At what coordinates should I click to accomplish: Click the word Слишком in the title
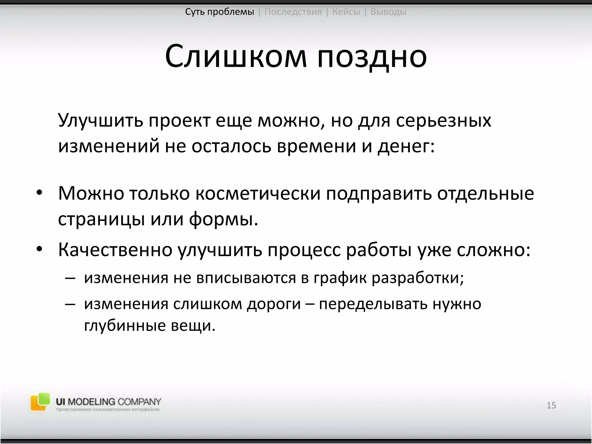pyautogui.click(x=236, y=56)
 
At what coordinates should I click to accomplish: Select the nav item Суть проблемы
pyautogui.click(x=219, y=12)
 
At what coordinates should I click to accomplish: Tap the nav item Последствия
pyautogui.click(x=293, y=12)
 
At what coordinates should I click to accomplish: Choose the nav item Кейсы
pyautogui.click(x=346, y=12)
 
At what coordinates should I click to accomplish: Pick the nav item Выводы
pyautogui.click(x=388, y=12)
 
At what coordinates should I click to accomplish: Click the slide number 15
pyautogui.click(x=551, y=405)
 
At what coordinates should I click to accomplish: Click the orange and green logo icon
pyautogui.click(x=40, y=402)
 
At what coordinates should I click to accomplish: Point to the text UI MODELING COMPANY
pyautogui.click(x=108, y=402)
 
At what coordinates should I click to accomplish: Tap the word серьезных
pyautogui.click(x=443, y=121)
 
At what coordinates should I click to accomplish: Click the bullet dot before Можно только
pyautogui.click(x=39, y=193)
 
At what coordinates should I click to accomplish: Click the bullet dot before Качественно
pyautogui.click(x=39, y=249)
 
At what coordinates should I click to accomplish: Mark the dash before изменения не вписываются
pyautogui.click(x=70, y=278)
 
